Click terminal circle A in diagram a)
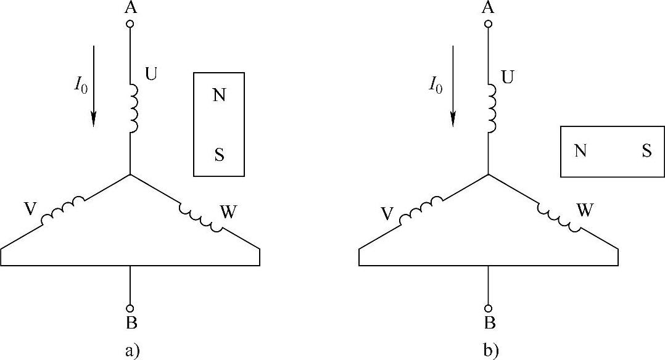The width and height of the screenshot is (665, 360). point(130,24)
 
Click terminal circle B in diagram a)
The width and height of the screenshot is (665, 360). point(130,308)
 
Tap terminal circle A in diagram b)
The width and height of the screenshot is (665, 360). point(489,24)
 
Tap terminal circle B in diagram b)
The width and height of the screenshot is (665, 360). point(489,308)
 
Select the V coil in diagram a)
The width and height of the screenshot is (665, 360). point(62,210)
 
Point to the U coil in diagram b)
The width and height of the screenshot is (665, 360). point(492,108)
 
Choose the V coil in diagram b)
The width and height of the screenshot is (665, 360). point(421,210)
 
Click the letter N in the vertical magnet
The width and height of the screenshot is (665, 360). point(219,96)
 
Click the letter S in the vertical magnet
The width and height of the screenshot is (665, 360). point(219,155)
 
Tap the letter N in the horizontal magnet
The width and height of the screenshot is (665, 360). point(580,151)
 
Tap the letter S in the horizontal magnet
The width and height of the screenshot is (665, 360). point(646,151)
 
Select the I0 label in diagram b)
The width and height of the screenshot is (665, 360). point(436,87)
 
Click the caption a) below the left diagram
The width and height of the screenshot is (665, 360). point(133,351)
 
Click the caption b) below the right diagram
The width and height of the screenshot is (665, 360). point(491,351)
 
